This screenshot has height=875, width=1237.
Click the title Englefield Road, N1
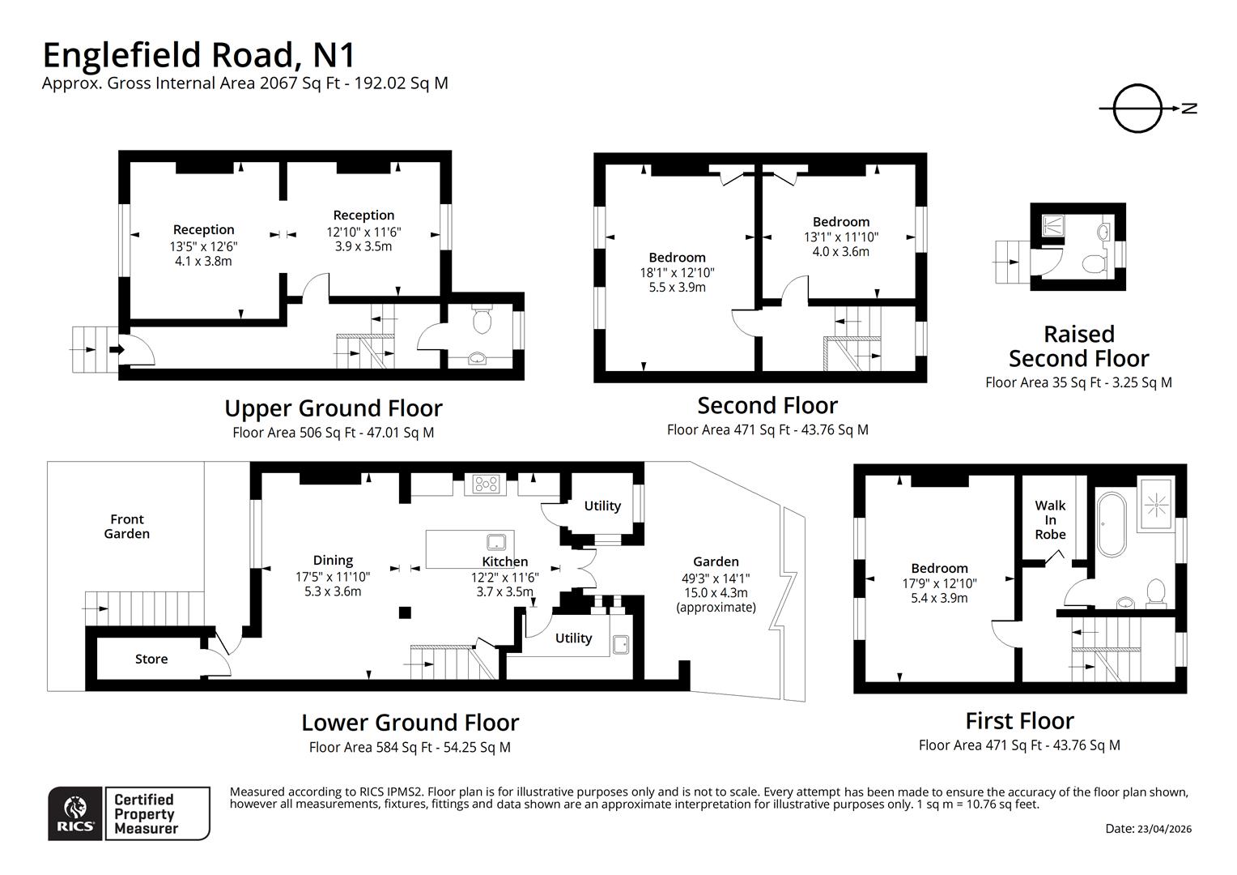[x=198, y=55]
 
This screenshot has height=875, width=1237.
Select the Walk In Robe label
[x=1050, y=519]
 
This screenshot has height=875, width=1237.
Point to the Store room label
[x=151, y=659]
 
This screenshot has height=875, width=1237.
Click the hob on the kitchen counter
[x=487, y=484]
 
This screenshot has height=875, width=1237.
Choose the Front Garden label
[x=127, y=527]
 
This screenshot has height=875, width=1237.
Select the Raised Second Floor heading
[x=1078, y=346]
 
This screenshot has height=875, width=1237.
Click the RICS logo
[x=75, y=813]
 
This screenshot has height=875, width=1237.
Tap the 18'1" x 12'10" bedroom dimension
[x=677, y=272]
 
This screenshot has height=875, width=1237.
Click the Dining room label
[x=333, y=560]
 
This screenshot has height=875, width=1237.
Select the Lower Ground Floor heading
[x=410, y=722]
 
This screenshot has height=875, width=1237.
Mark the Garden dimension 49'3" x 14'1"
[x=716, y=578]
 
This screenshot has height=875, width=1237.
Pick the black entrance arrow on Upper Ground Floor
[x=115, y=349]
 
